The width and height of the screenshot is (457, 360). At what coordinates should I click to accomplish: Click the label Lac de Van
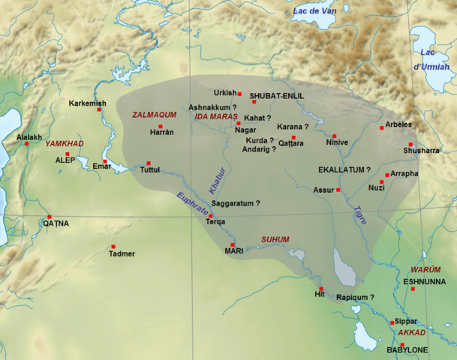(314, 11)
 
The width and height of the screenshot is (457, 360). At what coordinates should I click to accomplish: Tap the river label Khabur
(216, 177)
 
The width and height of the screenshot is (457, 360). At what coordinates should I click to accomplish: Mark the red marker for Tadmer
(113, 247)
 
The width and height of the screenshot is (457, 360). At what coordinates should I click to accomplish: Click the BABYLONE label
(407, 350)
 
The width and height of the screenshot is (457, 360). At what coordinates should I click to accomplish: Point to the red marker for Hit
(320, 289)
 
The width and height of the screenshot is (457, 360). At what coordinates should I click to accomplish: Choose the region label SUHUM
(275, 240)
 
